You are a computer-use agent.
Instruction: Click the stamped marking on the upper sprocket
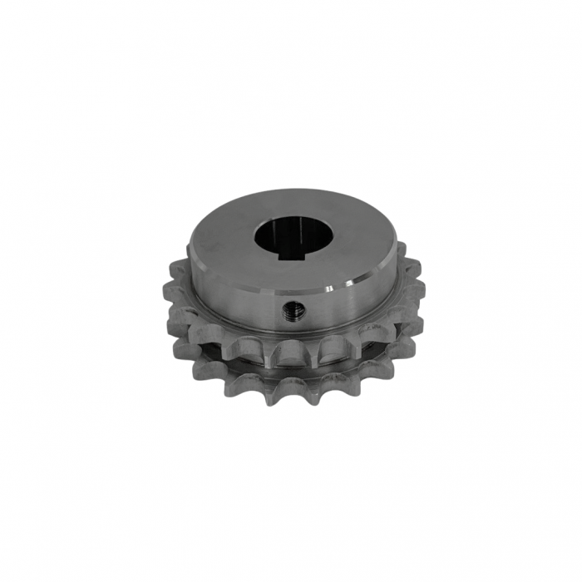[x=366, y=330]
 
